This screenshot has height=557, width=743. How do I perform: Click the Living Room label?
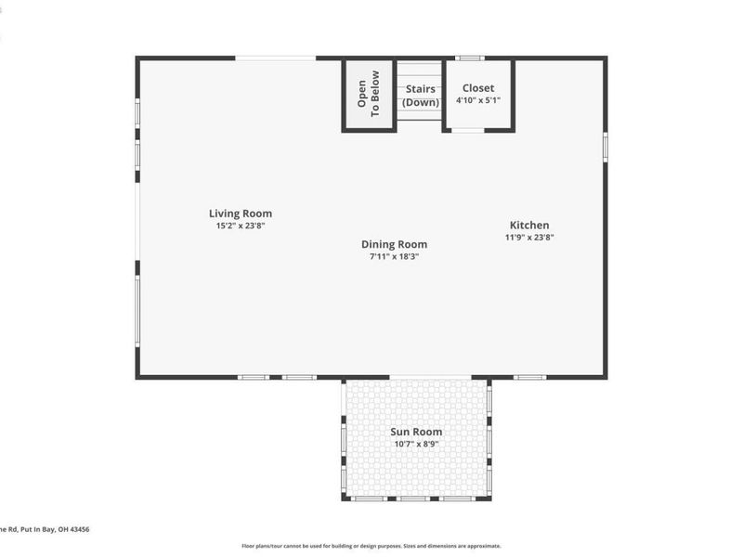(241, 214)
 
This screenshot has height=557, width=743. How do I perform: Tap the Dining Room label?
(394, 244)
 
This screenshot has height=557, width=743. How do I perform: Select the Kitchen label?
(529, 225)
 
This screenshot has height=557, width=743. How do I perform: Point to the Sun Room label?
(415, 432)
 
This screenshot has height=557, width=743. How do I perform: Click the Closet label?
(478, 88)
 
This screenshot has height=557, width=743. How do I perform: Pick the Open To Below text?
(369, 94)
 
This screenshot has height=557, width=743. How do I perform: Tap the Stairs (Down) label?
(421, 96)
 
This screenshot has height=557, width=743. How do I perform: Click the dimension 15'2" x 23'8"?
(241, 226)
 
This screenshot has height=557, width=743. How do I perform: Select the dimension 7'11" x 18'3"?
(394, 256)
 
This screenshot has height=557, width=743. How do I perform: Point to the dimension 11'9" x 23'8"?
(529, 237)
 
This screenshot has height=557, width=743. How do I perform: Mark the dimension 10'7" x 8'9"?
(415, 444)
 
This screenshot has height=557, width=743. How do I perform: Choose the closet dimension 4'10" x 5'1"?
(478, 100)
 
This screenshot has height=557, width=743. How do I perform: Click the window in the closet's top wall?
(469, 58)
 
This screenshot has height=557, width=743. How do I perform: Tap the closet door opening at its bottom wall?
(467, 130)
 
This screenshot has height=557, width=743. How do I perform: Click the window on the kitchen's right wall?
(605, 147)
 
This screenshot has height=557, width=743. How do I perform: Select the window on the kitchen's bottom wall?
(529, 377)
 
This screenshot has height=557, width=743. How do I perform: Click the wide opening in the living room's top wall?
(275, 58)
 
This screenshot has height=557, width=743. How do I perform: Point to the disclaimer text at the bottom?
(371, 546)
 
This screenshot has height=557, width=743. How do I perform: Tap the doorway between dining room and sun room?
(430, 377)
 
